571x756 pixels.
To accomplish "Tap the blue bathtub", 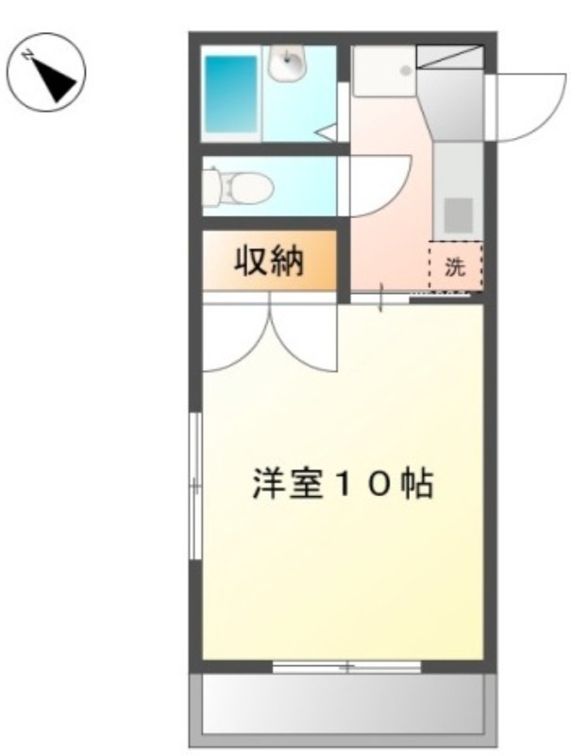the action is [x=231, y=94].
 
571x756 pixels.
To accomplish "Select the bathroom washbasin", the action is [x=287, y=62].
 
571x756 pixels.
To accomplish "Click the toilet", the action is [x=237, y=186].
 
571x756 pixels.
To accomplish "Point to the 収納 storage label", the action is [x=269, y=261].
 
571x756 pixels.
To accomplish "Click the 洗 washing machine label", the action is [x=455, y=266].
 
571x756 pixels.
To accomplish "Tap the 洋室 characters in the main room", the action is [x=288, y=483].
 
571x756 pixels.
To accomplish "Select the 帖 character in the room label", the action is [x=417, y=483].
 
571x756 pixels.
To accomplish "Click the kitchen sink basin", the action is [x=458, y=215].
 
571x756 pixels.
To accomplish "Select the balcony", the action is [x=343, y=710].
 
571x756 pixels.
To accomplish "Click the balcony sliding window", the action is [x=346, y=667].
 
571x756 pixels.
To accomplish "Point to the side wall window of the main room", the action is [x=195, y=486].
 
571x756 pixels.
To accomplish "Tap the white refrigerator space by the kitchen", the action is [x=384, y=72].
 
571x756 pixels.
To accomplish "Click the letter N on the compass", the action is [x=28, y=55].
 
